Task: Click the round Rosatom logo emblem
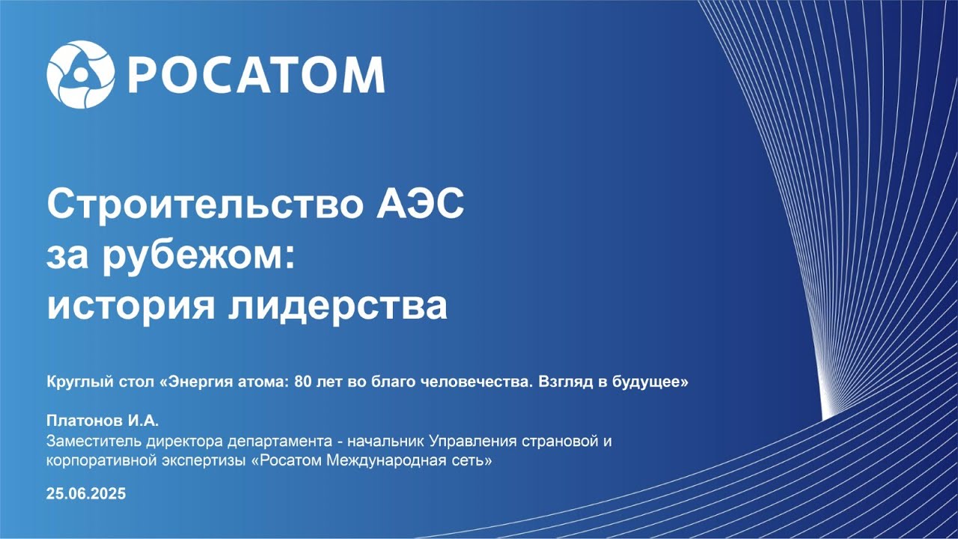[x=81, y=74]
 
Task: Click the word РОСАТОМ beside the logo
[x=257, y=75]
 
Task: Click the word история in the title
[x=131, y=306]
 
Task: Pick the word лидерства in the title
[x=338, y=306]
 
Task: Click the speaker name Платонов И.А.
[x=103, y=421]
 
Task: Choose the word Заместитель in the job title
[x=94, y=441]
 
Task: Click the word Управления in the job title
[x=472, y=441]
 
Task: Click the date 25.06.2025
[x=86, y=493]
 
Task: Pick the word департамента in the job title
[x=279, y=442]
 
